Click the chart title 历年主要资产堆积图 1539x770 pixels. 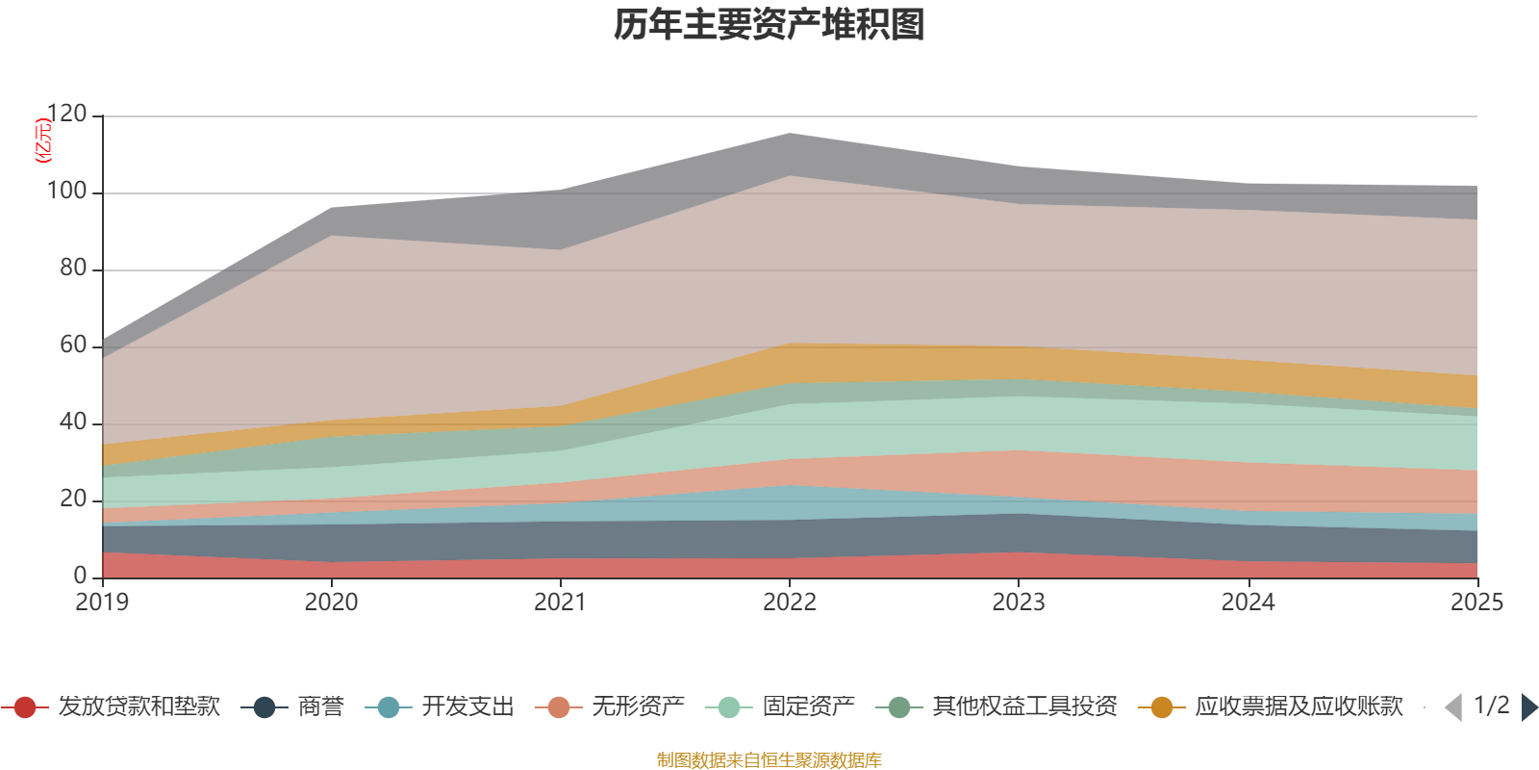[769, 25]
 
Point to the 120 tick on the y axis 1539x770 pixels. [66, 115]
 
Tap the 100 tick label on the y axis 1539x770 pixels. [66, 192]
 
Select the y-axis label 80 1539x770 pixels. [72, 269]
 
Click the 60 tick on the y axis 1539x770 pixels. [72, 346]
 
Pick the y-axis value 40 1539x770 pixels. [72, 423]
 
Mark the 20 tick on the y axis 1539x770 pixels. [72, 500]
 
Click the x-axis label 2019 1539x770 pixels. [102, 603]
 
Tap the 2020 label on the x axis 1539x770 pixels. [331, 603]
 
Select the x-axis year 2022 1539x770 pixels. [790, 603]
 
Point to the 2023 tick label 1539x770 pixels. [1019, 603]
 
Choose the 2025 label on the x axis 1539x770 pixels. [1476, 603]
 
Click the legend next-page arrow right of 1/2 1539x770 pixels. [1529, 707]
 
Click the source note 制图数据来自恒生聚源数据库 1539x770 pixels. [769, 760]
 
